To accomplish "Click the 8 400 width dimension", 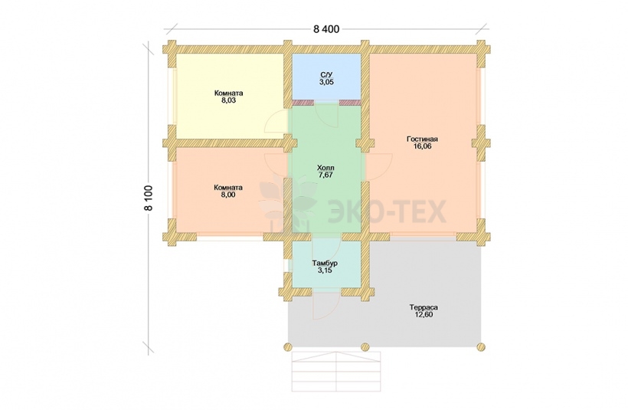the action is click(x=326, y=29).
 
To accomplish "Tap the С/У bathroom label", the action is click(x=326, y=75).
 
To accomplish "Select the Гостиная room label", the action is click(x=422, y=139).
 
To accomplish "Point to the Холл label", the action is click(x=325, y=168).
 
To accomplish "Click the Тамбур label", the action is click(x=325, y=264).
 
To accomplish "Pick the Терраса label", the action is click(x=424, y=307).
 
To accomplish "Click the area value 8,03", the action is click(x=228, y=100).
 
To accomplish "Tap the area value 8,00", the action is click(x=228, y=195).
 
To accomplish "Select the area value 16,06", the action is click(x=423, y=146).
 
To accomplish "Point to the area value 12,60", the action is click(x=424, y=315).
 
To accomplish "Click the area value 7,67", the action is click(x=326, y=175).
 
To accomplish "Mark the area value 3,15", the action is click(x=325, y=271).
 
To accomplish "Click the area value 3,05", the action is click(x=326, y=82).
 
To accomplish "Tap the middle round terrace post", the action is click(x=365, y=346).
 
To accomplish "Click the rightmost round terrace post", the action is click(x=481, y=346).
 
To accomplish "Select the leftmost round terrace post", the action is click(x=287, y=346).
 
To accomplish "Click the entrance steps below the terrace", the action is click(x=336, y=372).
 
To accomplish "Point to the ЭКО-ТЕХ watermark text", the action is click(x=387, y=212).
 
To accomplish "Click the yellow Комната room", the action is click(x=230, y=97).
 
